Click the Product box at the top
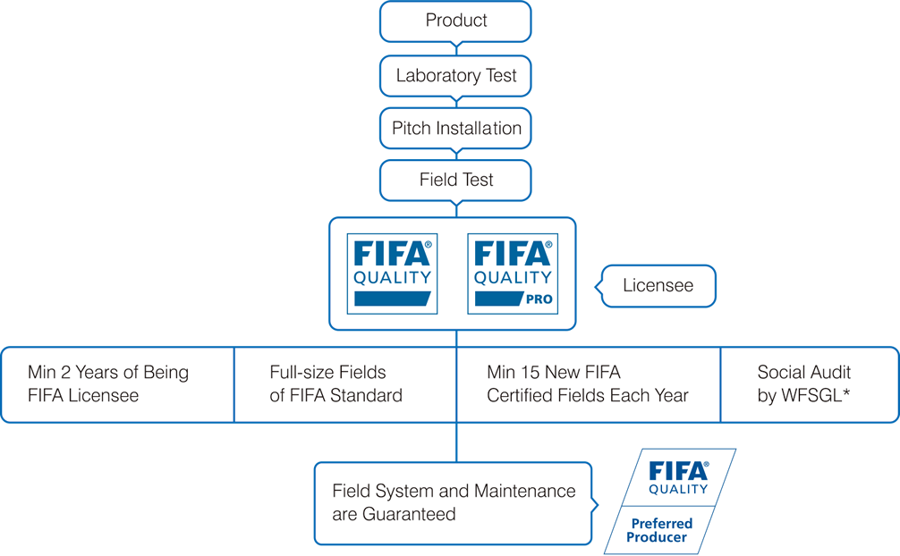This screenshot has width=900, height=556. click(455, 21)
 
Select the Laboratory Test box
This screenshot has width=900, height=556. click(455, 76)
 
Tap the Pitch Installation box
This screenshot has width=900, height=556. click(455, 128)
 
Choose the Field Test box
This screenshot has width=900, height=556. click(455, 181)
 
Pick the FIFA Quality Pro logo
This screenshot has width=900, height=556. click(513, 274)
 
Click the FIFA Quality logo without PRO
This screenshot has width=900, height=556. click(392, 274)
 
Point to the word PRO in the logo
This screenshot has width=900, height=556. click(539, 299)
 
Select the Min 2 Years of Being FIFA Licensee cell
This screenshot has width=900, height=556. click(118, 384)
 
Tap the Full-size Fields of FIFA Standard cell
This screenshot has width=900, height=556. click(345, 384)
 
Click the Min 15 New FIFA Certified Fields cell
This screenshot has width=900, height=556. click(589, 384)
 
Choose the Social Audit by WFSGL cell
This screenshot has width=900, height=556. click(810, 384)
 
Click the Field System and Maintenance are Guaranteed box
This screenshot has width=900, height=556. click(453, 503)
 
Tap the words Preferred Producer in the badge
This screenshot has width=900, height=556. click(659, 530)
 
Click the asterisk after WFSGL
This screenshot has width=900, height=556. click(846, 393)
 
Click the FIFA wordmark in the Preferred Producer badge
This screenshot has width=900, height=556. click(678, 472)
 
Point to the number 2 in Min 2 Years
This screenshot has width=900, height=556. click(65, 373)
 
